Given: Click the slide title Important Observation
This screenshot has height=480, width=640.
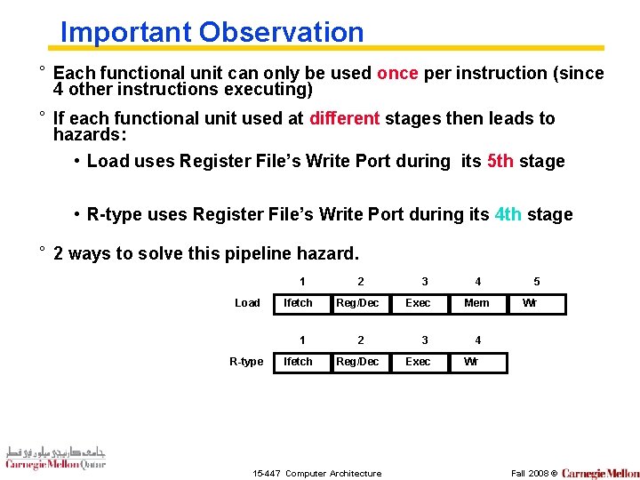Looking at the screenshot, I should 212,32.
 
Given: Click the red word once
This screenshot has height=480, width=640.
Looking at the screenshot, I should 397,74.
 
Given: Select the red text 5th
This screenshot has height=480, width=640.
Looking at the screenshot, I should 500,162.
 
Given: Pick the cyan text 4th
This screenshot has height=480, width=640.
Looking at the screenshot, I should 508,215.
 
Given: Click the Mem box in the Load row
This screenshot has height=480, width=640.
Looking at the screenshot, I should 477,303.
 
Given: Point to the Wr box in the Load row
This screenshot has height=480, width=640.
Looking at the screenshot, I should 530,303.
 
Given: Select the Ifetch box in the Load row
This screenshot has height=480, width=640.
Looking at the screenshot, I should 300,303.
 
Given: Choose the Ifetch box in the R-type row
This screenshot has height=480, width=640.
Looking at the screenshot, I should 300,362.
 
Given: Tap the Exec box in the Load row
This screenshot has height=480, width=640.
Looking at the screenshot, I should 419,303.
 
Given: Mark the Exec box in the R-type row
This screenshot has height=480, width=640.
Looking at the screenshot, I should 419,362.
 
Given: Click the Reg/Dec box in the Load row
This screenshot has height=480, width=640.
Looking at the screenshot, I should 358,303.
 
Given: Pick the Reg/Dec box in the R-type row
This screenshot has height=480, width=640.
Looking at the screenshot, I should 358,362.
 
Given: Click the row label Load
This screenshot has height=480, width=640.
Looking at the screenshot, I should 247,303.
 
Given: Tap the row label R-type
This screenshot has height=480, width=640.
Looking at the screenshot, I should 246,362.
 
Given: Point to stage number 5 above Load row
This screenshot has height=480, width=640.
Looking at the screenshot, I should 536,282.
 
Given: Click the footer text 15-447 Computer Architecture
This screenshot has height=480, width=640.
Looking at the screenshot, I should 317,473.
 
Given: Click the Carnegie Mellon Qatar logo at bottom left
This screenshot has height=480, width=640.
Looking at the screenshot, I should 55,457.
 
